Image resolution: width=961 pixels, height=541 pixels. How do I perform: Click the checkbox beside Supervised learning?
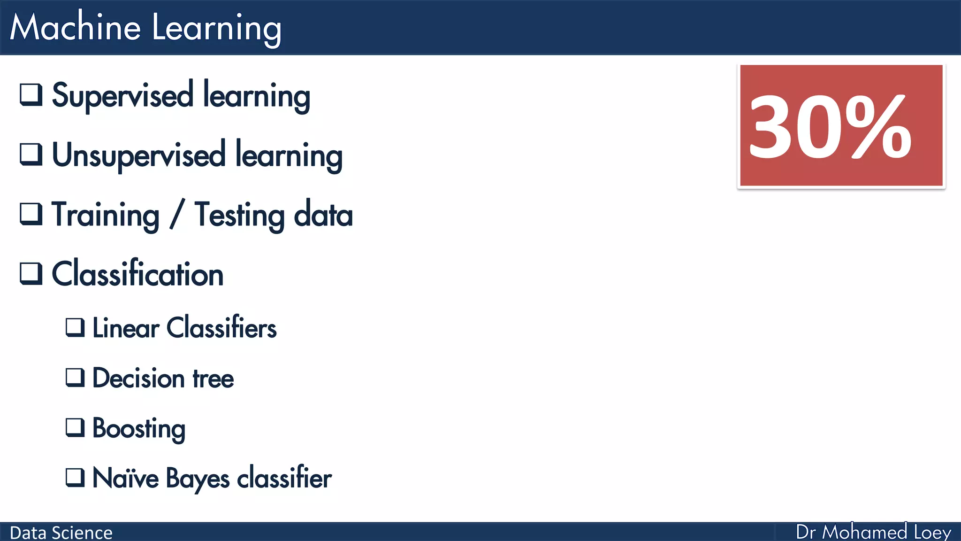tap(31, 94)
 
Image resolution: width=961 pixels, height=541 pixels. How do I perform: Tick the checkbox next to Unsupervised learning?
tap(31, 154)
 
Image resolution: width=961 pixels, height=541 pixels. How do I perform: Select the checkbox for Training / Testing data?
tap(31, 214)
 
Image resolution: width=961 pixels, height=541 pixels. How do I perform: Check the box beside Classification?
tap(31, 273)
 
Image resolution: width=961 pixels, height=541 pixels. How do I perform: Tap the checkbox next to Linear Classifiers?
tap(75, 327)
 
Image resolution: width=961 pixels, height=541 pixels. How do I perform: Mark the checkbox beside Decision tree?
tap(75, 378)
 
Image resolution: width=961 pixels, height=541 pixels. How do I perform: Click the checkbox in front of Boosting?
tap(75, 428)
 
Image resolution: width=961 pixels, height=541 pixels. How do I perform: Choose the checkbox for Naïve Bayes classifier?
tap(75, 478)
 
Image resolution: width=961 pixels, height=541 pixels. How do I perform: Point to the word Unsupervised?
tap(138, 155)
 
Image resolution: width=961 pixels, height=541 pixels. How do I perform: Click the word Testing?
tap(239, 215)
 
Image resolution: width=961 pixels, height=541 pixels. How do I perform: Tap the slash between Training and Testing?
tap(177, 215)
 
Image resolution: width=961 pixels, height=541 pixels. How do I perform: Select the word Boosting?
tap(139, 428)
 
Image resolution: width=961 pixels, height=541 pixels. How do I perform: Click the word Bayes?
tap(198, 479)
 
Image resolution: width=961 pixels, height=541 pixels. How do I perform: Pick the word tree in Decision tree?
tap(213, 379)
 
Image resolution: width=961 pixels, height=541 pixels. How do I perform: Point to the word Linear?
tap(126, 328)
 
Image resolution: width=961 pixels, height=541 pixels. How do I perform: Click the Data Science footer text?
tap(61, 533)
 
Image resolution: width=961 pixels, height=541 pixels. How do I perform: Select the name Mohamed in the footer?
tap(865, 532)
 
